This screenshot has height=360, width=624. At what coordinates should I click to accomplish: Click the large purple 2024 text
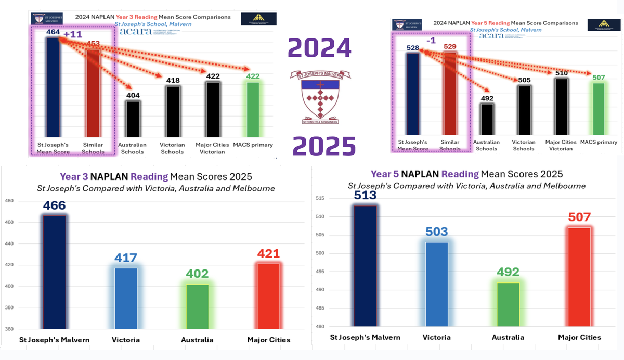click(x=319, y=49)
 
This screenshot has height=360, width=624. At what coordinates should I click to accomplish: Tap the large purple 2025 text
click(x=323, y=146)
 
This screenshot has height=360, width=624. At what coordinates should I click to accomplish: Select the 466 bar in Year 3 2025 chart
click(x=54, y=273)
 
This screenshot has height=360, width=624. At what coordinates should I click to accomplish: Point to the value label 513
click(x=365, y=195)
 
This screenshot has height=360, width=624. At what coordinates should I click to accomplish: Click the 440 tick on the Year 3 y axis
click(x=9, y=243)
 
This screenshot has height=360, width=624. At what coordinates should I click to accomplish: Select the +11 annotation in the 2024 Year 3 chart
click(x=73, y=34)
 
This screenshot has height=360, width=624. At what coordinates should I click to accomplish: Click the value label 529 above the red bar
click(x=450, y=47)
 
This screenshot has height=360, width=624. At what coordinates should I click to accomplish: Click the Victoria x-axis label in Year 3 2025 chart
click(x=126, y=340)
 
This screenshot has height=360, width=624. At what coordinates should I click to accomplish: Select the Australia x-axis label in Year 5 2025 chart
click(x=508, y=337)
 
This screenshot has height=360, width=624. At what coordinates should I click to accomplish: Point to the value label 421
click(x=269, y=253)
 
